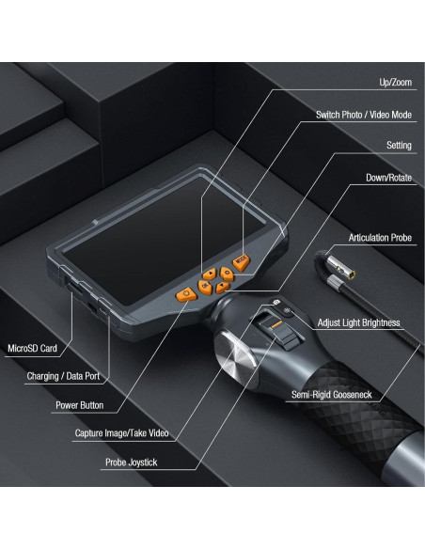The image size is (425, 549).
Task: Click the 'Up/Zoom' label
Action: click(395, 83)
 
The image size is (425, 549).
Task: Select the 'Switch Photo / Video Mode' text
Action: click(364, 115)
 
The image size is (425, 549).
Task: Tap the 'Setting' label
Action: click(399, 146)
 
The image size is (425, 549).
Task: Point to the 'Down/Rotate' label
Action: click(388, 178)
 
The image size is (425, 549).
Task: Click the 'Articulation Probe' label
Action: click(380, 238)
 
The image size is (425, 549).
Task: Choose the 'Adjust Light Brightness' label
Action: click(358, 322)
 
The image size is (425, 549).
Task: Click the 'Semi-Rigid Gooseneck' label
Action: click(332, 395)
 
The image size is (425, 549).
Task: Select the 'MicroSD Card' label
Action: click(32, 349)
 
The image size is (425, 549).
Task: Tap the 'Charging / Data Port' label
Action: click(63, 376)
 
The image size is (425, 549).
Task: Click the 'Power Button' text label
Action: click(80, 405)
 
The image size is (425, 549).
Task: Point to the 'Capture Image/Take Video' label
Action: click(122, 433)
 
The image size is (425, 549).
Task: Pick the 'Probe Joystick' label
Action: click(132, 463)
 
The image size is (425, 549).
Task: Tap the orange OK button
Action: click(205, 287)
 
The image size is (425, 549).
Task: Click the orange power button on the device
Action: click(186, 294)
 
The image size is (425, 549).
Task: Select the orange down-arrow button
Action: click(222, 288)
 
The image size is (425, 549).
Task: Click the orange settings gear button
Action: click(227, 274)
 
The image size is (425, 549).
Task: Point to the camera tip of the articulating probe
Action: click(347, 272)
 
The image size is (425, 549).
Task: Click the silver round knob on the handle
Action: click(234, 356)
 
